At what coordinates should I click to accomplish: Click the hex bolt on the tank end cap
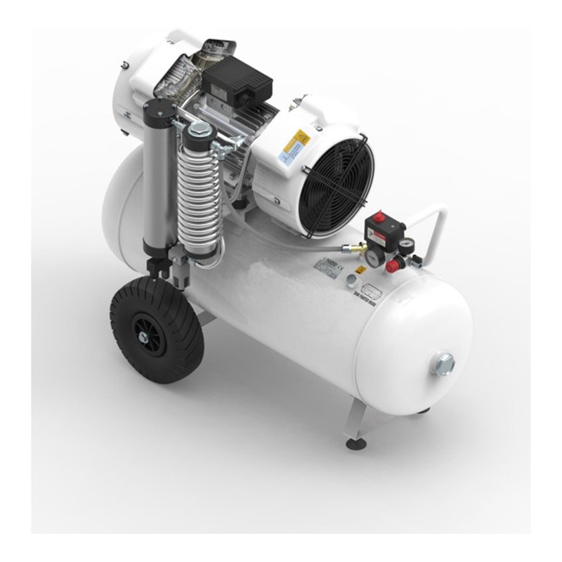[x=444, y=363]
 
